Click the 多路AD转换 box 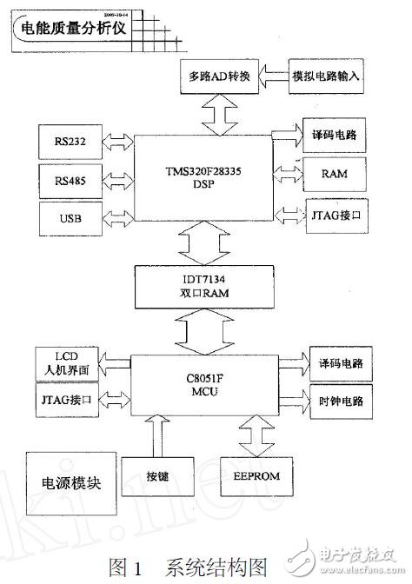point(220,76)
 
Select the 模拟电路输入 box point(326,76)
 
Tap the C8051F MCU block point(206,384)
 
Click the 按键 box point(156,476)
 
